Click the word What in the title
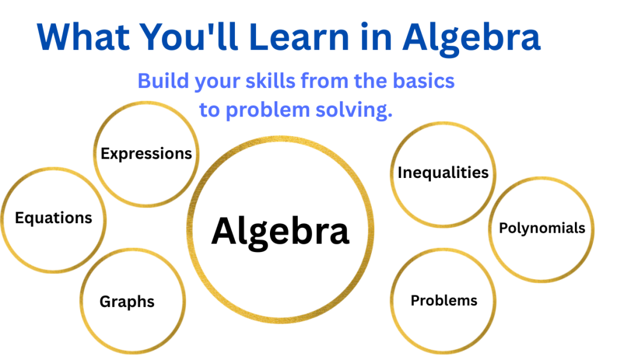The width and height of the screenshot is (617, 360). [83, 37]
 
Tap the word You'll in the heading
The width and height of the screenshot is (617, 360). [189, 36]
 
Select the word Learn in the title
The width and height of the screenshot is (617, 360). [299, 37]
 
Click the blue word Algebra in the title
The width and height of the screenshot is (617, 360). [471, 40]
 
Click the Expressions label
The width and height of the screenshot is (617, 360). [146, 154]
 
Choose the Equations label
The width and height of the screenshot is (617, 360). [54, 218]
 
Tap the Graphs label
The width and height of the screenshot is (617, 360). [127, 302]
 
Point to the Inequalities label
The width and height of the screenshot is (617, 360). [443, 173]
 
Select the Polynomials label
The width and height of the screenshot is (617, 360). [542, 228]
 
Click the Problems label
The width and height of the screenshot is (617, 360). [444, 300]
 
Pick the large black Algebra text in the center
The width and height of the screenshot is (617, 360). [280, 233]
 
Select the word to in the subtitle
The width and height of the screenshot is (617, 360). [209, 110]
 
